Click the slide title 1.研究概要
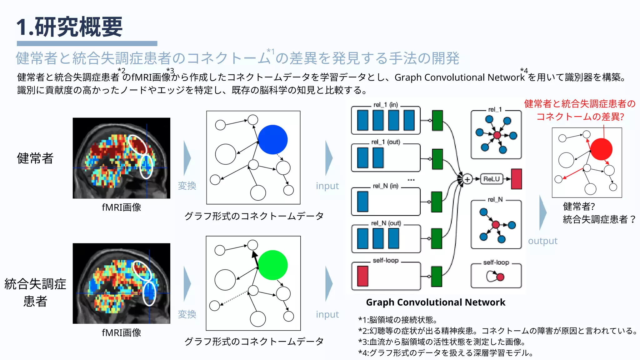69,27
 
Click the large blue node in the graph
273,140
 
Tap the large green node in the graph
273,265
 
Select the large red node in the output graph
601,149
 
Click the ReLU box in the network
492,179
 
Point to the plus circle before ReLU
467,179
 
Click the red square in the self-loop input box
362,276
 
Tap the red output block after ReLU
517,179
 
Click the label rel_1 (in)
386,105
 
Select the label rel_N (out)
386,223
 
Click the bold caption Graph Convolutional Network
435,302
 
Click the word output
542,241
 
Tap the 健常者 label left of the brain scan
35,158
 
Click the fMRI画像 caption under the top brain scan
122,207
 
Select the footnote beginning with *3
442,342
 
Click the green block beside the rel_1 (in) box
437,120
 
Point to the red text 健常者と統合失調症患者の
580,104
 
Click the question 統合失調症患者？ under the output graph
599,219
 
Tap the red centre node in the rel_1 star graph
497,135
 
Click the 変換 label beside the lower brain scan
187,314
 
